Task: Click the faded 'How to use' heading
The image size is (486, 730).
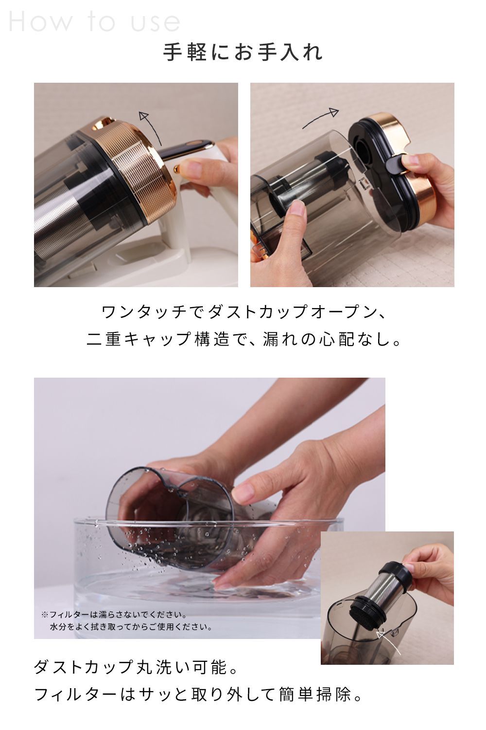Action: (x=95, y=22)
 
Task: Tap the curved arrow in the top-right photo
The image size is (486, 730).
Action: (x=321, y=118)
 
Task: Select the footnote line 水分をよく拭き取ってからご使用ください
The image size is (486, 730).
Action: (x=131, y=627)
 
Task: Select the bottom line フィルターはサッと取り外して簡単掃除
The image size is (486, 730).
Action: (x=199, y=694)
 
